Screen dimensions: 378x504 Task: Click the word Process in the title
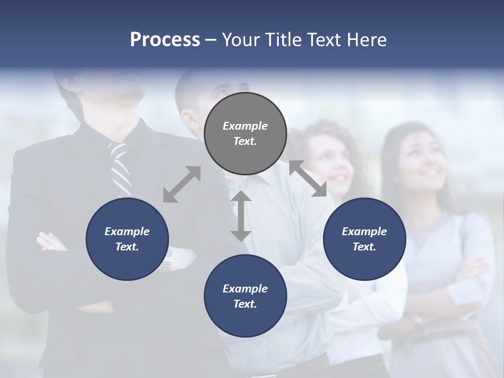(x=165, y=40)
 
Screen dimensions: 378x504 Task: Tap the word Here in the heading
(x=366, y=40)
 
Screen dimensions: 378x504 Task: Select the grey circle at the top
(x=245, y=133)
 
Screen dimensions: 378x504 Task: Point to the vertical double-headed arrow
(x=241, y=216)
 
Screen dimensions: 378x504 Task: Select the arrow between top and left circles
(x=182, y=184)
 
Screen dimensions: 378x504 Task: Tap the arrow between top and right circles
(x=308, y=178)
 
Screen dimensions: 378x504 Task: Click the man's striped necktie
(x=121, y=168)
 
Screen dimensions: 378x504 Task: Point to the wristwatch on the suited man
(x=167, y=260)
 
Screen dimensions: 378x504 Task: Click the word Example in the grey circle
(x=245, y=126)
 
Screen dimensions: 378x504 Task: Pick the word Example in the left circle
(x=127, y=232)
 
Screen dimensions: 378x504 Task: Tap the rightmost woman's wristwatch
(x=417, y=319)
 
